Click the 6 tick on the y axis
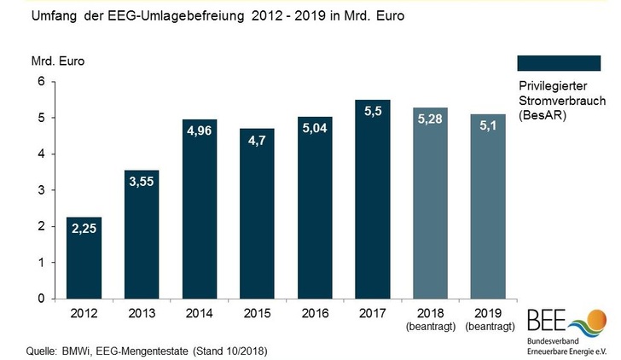click(38, 81)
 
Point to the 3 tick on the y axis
click(38, 190)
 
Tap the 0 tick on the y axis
click(38, 299)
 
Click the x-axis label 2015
click(257, 314)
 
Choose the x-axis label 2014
click(199, 314)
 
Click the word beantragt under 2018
click(430, 327)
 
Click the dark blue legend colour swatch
click(559, 62)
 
